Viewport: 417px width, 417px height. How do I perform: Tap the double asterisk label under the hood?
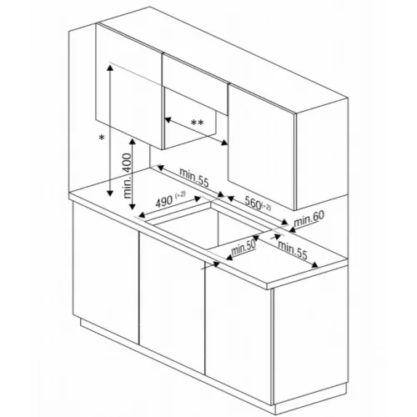coord(198,123)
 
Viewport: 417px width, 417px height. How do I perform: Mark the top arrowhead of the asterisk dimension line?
coord(110,67)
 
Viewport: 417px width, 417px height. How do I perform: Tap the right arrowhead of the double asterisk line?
coord(227,143)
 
